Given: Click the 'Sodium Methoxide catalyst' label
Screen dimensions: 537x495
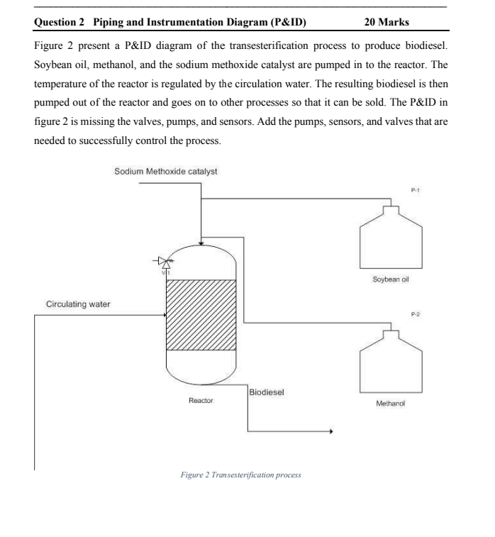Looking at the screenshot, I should pos(166,172).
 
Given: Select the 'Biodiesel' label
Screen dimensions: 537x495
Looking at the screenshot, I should pos(267,392).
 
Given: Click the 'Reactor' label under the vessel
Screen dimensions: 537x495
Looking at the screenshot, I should pos(201,401).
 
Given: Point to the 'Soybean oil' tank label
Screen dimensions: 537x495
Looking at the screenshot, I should pos(391,279).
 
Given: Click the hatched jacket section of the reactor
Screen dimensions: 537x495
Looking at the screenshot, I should pos(201,314).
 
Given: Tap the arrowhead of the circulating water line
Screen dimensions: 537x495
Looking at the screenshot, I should pos(162,314).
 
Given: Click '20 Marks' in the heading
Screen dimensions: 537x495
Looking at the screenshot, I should pos(386,23).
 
